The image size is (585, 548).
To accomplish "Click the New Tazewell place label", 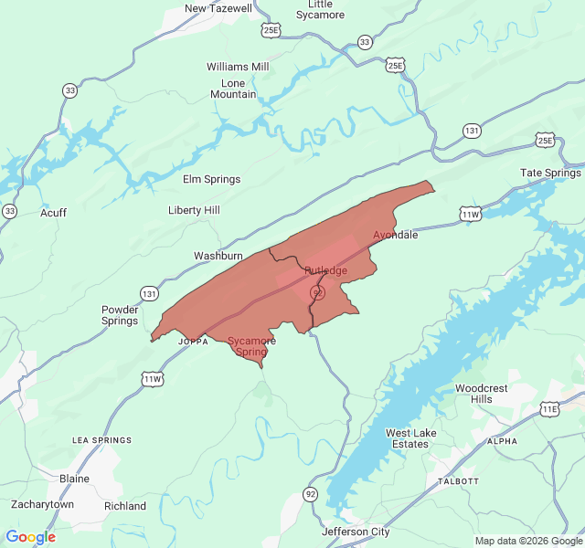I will click(x=218, y=8).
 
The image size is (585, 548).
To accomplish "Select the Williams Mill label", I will click(x=238, y=67).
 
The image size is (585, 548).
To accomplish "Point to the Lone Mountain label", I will click(x=233, y=88).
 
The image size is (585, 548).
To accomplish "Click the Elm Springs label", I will click(x=211, y=179).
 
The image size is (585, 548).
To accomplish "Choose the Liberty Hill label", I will click(x=194, y=210).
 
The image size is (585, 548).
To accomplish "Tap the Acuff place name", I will click(x=53, y=213).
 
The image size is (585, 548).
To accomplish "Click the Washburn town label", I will click(x=218, y=256).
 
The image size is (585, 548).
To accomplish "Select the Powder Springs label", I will click(x=120, y=315).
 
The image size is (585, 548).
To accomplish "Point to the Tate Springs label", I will click(x=550, y=173).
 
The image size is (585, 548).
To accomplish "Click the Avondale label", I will click(x=395, y=235).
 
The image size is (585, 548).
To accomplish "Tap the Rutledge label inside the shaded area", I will click(x=325, y=270).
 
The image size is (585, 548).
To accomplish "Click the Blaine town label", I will click(x=74, y=479).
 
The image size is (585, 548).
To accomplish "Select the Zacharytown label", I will click(x=42, y=504).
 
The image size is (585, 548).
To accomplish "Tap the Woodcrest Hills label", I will click(x=481, y=394).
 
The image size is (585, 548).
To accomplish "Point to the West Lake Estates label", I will click(x=407, y=438).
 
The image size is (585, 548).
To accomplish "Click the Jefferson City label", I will click(x=356, y=532).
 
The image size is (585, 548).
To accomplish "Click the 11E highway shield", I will click(x=549, y=410).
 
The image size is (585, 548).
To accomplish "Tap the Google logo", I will click(x=30, y=537).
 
